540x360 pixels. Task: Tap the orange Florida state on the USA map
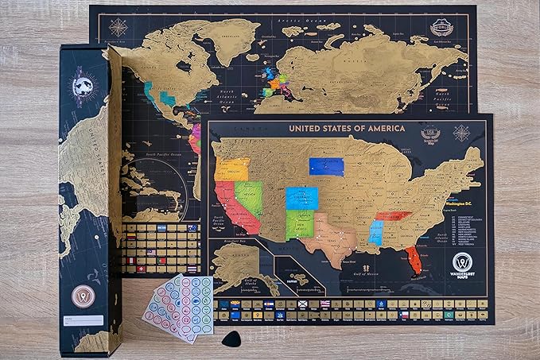tap(412, 259)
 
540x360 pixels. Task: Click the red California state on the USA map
tap(239, 207)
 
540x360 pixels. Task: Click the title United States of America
tap(346, 128)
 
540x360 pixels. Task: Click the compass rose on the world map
tap(118, 27)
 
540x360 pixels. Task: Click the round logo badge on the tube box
tap(84, 296)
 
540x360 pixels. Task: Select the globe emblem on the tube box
tap(85, 86)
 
